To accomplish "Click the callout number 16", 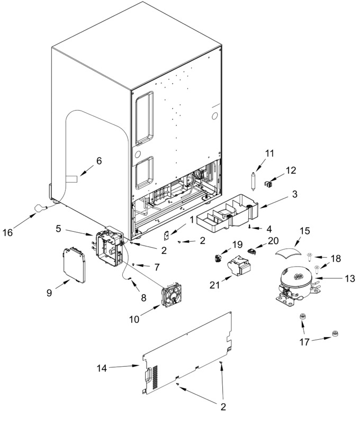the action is tap(8, 232).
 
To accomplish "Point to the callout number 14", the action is tap(102, 368).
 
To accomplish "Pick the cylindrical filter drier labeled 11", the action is tap(253, 181).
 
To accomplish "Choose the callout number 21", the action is tap(214, 285).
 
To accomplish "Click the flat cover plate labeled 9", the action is tap(74, 265).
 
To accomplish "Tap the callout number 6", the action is tap(99, 161).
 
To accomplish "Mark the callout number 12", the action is tap(291, 170).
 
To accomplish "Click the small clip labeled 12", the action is tap(268, 184).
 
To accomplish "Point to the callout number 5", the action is tap(58, 229).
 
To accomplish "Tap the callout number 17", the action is tap(304, 342).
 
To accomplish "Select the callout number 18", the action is tap(336, 259).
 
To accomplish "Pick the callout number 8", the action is tap(143, 298).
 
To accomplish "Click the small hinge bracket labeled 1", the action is tap(167, 236).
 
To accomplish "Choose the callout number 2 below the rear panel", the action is tap(223, 407).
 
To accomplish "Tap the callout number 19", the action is tap(238, 244).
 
